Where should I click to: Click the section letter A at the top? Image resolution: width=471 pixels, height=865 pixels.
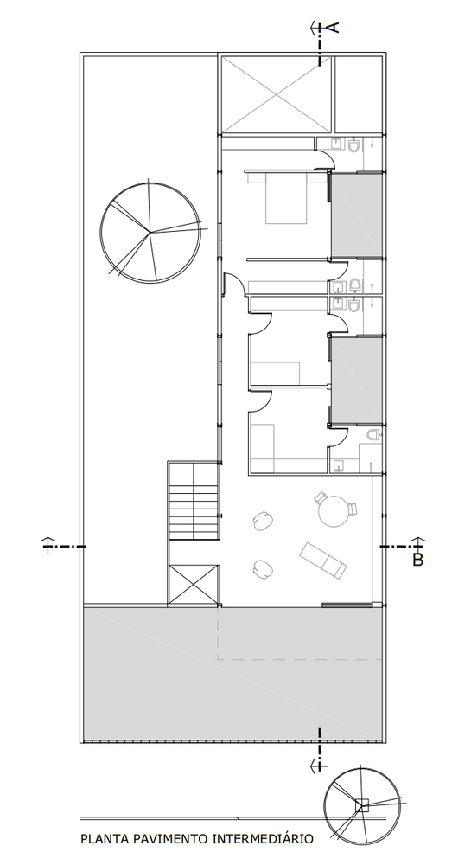pyautogui.click(x=334, y=27)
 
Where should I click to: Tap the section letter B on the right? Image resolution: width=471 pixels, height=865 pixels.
pyautogui.click(x=418, y=560)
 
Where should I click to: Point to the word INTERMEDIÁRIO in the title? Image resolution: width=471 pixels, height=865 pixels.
pyautogui.click(x=263, y=839)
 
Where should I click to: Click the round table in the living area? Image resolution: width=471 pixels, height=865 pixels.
pyautogui.click(x=334, y=510)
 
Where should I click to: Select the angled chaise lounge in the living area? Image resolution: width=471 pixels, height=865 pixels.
pyautogui.click(x=323, y=561)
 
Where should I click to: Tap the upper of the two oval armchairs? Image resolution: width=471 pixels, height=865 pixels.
pyautogui.click(x=264, y=520)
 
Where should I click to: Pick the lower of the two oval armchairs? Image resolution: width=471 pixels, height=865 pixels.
pyautogui.click(x=264, y=569)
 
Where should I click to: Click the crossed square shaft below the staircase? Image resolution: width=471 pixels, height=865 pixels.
pyautogui.click(x=194, y=585)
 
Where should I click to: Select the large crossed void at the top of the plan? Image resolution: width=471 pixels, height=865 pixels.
pyautogui.click(x=277, y=94)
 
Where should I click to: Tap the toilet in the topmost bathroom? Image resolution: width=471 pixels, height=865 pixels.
pyautogui.click(x=354, y=144)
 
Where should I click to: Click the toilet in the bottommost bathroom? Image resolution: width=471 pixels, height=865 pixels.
pyautogui.click(x=374, y=435)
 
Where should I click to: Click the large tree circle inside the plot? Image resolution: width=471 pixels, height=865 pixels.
pyautogui.click(x=150, y=232)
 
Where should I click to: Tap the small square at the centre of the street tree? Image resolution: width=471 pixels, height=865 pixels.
pyautogui.click(x=362, y=804)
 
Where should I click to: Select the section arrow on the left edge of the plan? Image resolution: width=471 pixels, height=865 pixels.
pyautogui.click(x=63, y=546)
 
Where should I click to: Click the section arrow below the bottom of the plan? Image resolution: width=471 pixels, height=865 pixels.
pyautogui.click(x=318, y=759)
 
